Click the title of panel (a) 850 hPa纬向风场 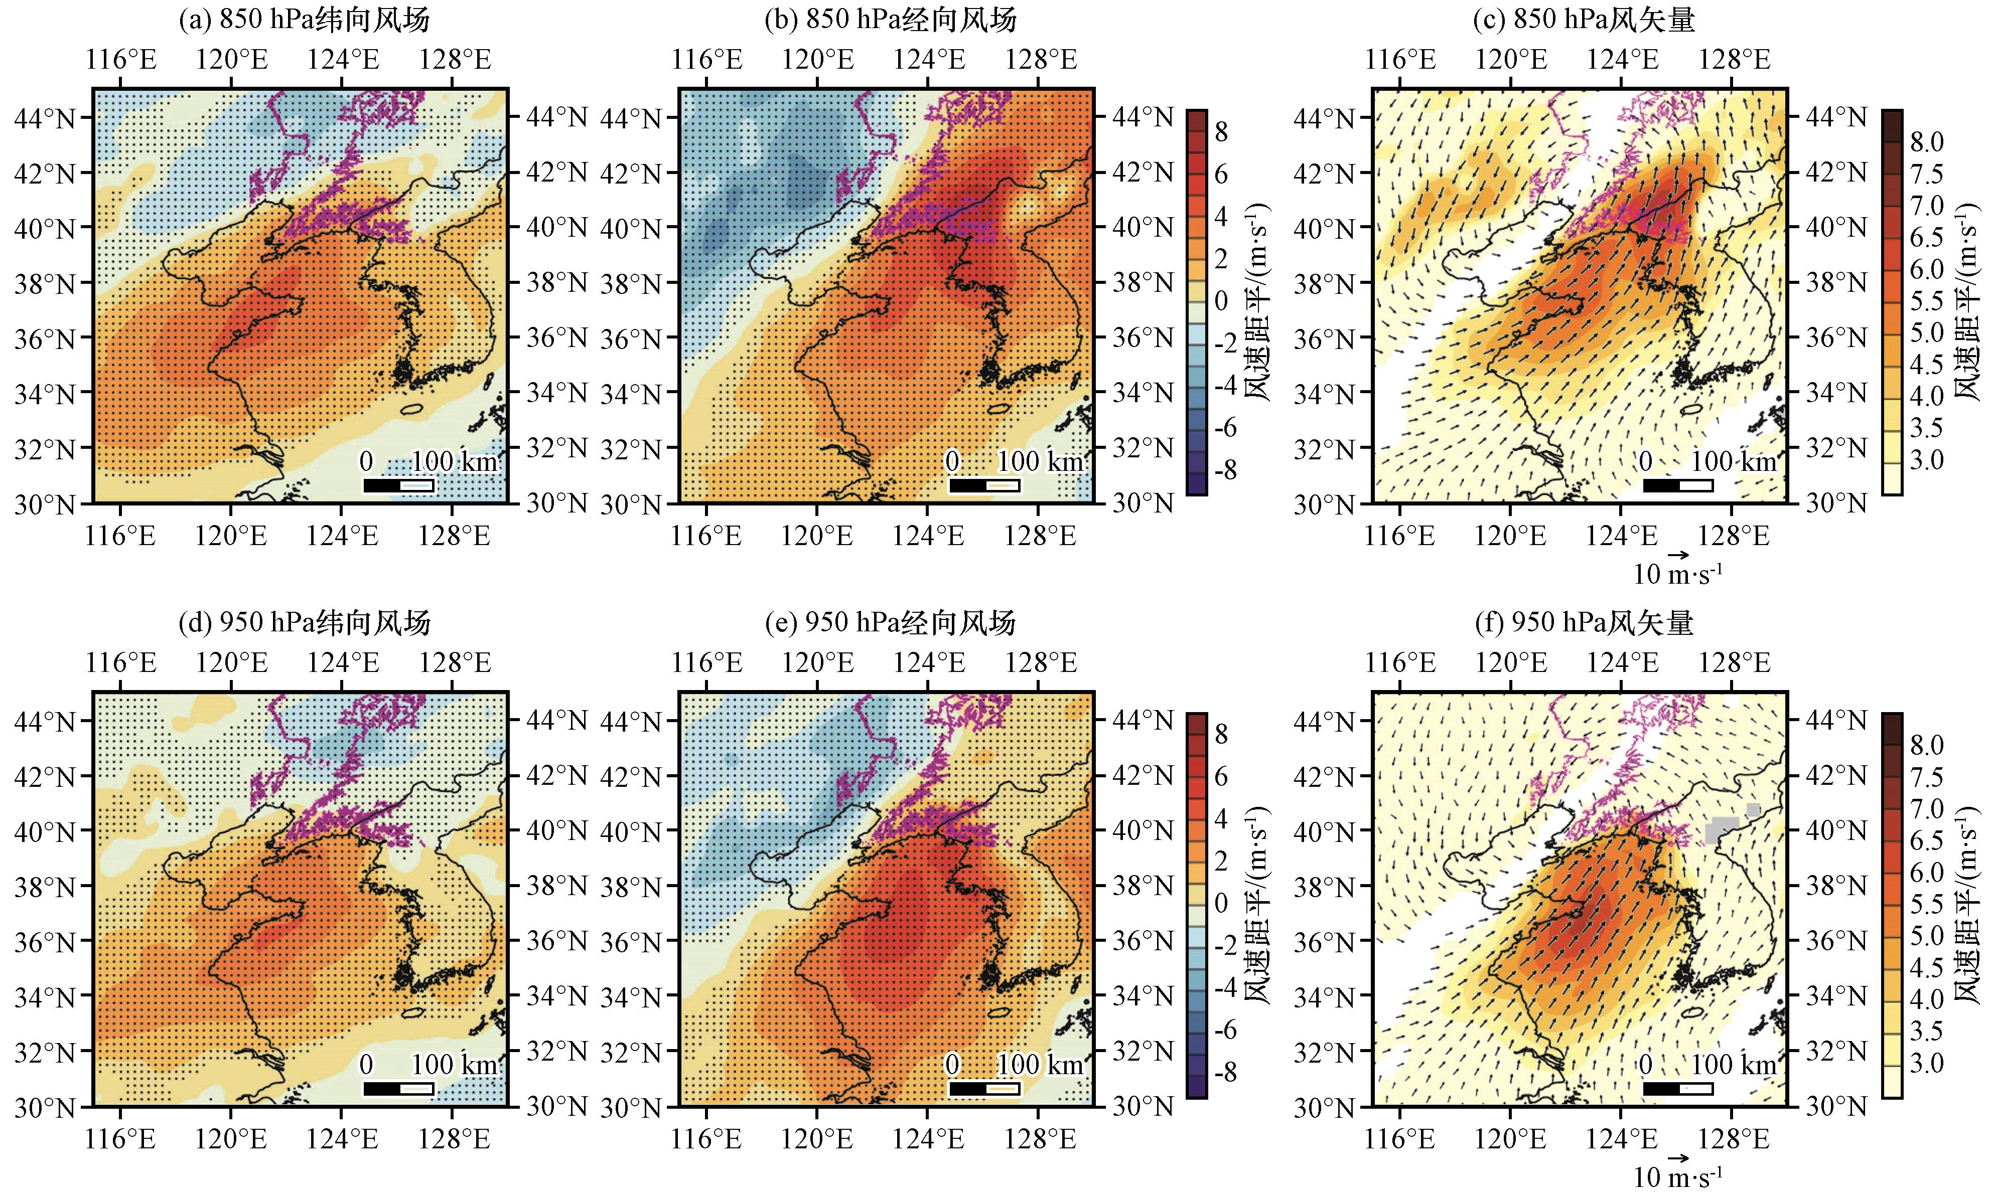pyautogui.click(x=304, y=20)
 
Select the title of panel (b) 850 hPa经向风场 pyautogui.click(x=890, y=20)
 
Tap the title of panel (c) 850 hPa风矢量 pyautogui.click(x=1584, y=20)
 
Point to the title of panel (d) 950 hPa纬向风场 pyautogui.click(x=304, y=622)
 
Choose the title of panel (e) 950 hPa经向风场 pyautogui.click(x=890, y=622)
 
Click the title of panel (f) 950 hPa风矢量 pyautogui.click(x=1584, y=622)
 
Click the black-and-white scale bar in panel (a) pyautogui.click(x=399, y=485)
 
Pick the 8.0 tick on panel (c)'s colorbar pyautogui.click(x=1926, y=142)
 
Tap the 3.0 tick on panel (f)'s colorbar pyautogui.click(x=1926, y=1063)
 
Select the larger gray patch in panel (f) pyautogui.click(x=1723, y=828)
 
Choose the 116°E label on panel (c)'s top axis pyautogui.click(x=1400, y=60)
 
